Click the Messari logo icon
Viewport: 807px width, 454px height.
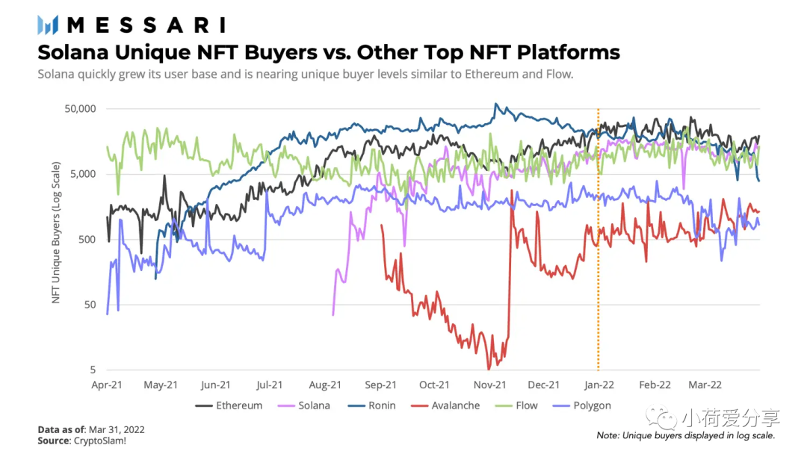click(48, 25)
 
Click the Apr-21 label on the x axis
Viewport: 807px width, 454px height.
click(107, 385)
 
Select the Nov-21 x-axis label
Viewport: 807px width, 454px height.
click(489, 385)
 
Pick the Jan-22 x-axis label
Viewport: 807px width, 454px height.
click(599, 385)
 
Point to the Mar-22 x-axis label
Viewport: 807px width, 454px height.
click(705, 385)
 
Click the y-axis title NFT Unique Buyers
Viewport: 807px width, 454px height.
click(57, 239)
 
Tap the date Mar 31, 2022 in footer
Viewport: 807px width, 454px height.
click(116, 429)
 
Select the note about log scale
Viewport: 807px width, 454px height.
click(685, 435)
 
